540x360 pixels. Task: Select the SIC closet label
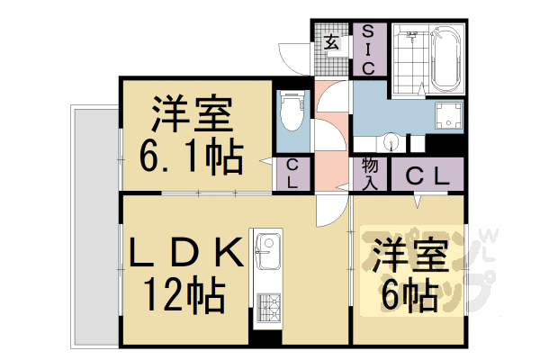(368, 49)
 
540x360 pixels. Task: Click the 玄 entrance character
(331, 42)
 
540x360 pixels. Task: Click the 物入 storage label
(370, 174)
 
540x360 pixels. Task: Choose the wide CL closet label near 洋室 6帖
(424, 175)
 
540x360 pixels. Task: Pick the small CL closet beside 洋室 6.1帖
(292, 174)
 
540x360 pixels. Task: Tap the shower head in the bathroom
(413, 37)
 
